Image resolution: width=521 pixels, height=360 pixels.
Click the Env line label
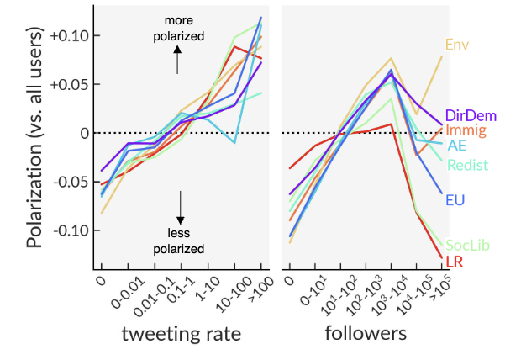(x=457, y=44)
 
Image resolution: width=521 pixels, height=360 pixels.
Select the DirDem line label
(x=470, y=116)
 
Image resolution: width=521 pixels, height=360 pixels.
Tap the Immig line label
(x=466, y=130)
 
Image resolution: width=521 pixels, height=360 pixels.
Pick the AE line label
(x=457, y=146)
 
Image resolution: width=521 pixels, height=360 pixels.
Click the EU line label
(x=456, y=200)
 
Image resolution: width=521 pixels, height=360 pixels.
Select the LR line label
(x=455, y=262)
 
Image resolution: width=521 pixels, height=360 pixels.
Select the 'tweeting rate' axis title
(x=182, y=333)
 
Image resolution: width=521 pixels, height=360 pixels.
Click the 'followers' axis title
(x=366, y=333)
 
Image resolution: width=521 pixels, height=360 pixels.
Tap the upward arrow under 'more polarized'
(x=178, y=61)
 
